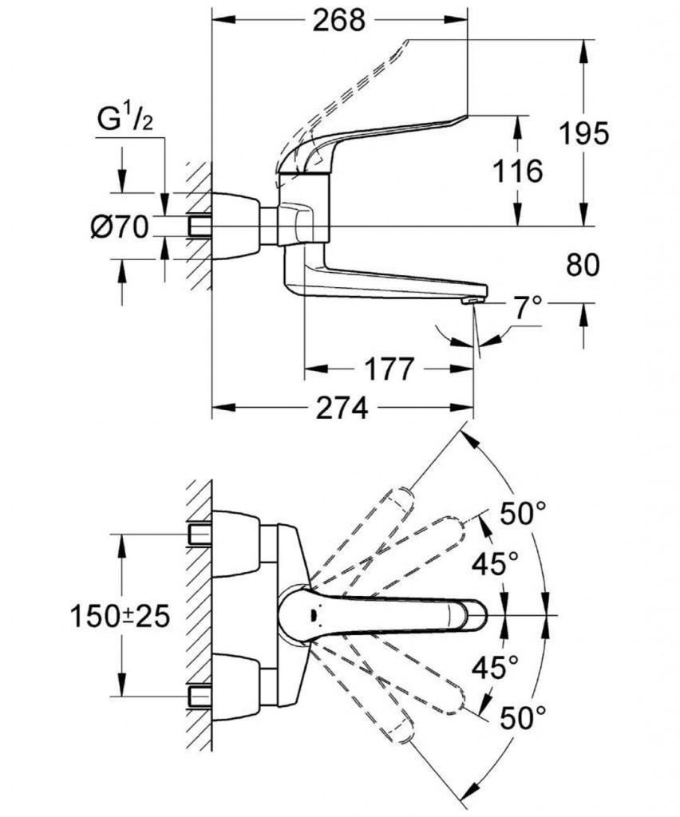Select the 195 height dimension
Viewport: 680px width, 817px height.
pos(582,133)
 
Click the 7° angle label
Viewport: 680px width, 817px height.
pos(526,307)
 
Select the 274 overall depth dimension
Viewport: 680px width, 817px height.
pos(341,408)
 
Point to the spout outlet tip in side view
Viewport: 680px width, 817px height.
pos(472,300)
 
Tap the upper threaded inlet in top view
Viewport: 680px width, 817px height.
pos(200,531)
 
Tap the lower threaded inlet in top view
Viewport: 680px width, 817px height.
pos(200,697)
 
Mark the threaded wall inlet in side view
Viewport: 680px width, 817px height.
pos(200,226)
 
